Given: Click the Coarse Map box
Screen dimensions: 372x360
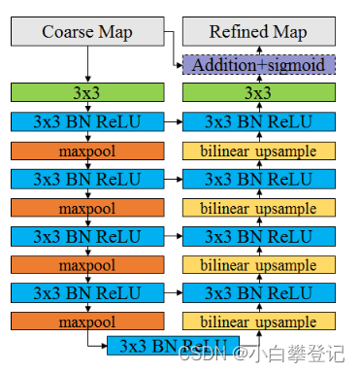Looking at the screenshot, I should click(87, 32).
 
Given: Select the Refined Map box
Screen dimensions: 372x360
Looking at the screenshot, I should click(258, 32).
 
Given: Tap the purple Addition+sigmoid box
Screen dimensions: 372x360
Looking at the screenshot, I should click(258, 64).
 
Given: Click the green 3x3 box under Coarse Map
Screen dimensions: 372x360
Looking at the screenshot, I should click(87, 93).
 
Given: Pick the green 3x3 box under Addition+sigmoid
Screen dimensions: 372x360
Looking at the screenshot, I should click(258, 93).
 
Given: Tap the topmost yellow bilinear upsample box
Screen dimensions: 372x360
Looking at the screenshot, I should click(258, 151).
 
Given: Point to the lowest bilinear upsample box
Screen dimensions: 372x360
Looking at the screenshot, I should click(258, 321).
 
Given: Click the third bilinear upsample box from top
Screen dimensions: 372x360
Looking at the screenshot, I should click(258, 265).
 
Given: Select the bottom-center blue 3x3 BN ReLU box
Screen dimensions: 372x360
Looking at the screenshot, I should click(173, 346).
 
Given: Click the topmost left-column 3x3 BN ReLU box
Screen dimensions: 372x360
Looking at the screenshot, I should click(87, 122).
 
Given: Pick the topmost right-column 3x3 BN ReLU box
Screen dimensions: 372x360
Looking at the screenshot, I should click(258, 122).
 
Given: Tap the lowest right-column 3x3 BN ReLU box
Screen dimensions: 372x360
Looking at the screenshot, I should click(258, 293).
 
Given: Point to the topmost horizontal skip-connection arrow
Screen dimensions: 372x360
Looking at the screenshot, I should click(173, 122).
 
